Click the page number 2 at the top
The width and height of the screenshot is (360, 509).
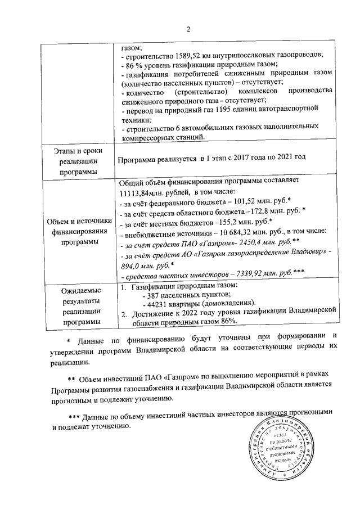[x=189, y=29]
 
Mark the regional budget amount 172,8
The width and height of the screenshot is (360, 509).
[x=259, y=215]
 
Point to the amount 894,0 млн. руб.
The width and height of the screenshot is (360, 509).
[x=143, y=265]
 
